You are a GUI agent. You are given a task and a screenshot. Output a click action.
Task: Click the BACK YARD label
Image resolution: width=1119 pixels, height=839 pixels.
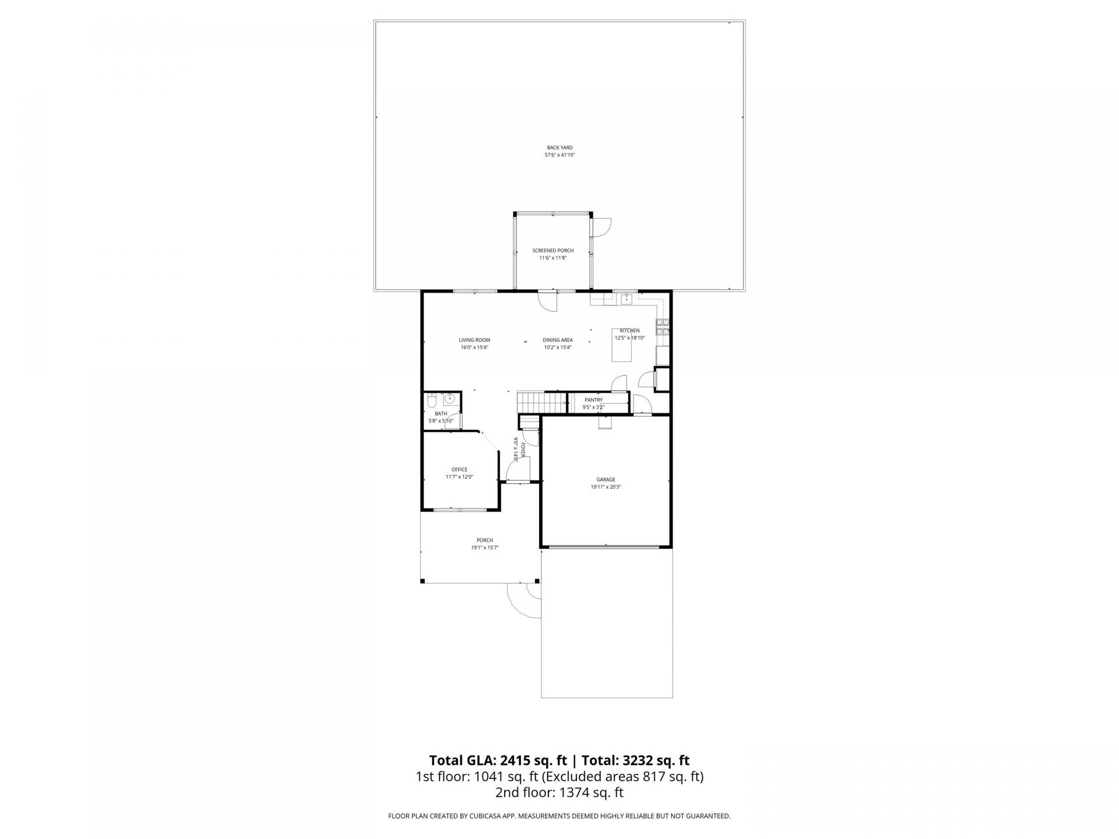click(x=559, y=147)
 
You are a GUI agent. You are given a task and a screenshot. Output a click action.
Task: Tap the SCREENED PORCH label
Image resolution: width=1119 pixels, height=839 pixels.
click(x=553, y=251)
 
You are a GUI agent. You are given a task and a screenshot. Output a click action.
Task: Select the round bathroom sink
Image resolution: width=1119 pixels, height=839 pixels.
click(x=449, y=400)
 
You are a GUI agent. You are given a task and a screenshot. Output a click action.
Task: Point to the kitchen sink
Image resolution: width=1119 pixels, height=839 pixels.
click(x=627, y=299)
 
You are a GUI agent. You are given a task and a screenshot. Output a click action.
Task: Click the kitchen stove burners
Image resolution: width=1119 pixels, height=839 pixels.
click(x=663, y=327)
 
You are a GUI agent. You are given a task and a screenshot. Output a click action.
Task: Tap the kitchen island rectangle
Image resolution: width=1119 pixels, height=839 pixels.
click(x=622, y=352)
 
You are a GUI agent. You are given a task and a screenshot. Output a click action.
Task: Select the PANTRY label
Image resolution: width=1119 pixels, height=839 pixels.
click(x=593, y=400)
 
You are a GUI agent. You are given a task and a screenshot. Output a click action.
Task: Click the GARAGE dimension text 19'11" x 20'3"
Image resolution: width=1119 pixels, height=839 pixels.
click(x=606, y=487)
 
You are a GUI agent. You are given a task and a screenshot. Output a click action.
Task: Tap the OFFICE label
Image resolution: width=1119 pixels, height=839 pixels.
click(x=459, y=470)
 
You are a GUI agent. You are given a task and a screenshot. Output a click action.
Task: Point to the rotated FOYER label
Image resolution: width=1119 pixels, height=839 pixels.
click(x=523, y=449)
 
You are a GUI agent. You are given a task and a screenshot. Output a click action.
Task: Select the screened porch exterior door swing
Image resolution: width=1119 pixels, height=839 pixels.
click(x=601, y=228)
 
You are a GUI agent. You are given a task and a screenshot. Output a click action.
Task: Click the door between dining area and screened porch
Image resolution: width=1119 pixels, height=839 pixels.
click(x=547, y=301)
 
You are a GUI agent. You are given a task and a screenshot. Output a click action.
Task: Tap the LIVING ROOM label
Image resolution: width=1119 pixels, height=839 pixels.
click(x=474, y=340)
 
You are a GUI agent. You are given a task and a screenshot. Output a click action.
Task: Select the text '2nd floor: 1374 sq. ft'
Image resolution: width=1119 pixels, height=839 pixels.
click(x=559, y=792)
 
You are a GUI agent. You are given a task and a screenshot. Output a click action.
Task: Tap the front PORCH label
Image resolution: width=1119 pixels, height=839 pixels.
click(x=484, y=540)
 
